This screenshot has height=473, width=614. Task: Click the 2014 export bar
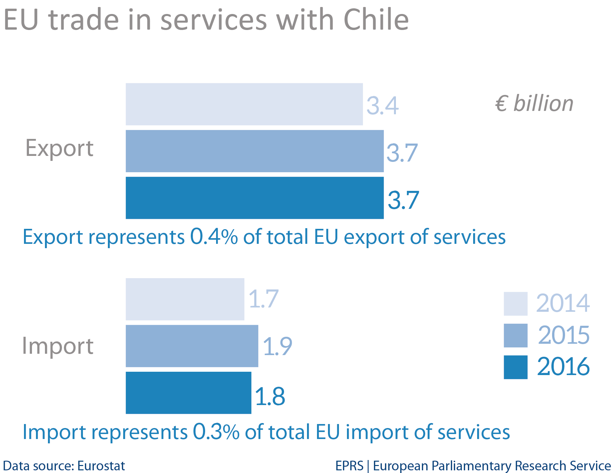pos(244,104)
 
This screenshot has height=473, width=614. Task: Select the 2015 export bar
pos(254,151)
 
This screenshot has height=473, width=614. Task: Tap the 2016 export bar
pos(254,198)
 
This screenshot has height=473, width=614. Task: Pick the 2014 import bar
pos(185,299)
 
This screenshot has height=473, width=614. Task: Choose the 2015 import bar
pos(192,346)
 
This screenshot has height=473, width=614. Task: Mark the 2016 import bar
pos(188,393)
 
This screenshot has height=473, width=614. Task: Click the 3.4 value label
pos(382,106)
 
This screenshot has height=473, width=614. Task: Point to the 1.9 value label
pos(277,346)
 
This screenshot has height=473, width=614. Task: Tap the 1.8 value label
pos(270,396)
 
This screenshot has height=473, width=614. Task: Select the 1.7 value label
pos(263,299)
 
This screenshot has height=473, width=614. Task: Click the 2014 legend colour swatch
pos(515,303)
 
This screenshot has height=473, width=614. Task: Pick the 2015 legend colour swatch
pos(515,335)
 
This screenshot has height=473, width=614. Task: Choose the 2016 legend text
pos(563,367)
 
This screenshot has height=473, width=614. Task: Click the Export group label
pos(59,148)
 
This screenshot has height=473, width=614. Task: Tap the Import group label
pos(58,346)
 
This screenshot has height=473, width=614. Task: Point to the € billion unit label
pos(534,103)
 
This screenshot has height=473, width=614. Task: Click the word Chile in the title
pos(376,20)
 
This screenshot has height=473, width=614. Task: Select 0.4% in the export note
pos(214,237)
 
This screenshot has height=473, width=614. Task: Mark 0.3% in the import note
pos(216,432)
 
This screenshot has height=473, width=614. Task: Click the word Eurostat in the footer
pos(101,466)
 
